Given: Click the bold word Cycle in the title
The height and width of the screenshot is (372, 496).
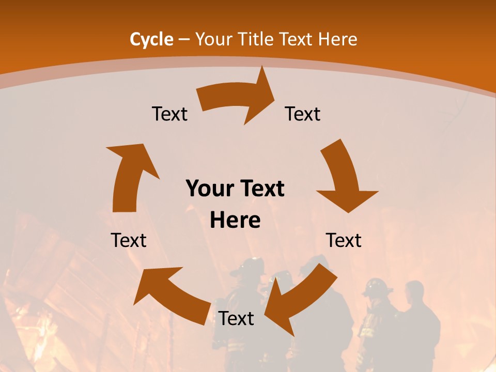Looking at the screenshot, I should click(x=151, y=39).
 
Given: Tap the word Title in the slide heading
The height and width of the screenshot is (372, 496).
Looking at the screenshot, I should click(x=256, y=39).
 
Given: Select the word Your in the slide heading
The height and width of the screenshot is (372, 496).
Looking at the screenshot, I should click(x=213, y=39).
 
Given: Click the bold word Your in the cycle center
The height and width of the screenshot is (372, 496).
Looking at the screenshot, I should click(x=209, y=189).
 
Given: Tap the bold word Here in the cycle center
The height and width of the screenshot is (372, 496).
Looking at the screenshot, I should click(x=235, y=221).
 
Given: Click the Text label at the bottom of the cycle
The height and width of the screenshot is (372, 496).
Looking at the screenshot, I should click(x=236, y=319).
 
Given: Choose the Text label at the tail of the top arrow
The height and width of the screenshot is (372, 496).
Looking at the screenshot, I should click(x=169, y=114).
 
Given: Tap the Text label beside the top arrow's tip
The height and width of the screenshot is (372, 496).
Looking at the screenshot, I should click(x=303, y=114).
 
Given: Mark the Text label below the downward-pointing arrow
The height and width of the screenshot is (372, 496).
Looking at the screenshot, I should click(x=344, y=240).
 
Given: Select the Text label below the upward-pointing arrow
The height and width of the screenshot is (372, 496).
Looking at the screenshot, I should click(x=129, y=240).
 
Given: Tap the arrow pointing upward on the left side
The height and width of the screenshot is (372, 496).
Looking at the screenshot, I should click(x=129, y=176).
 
